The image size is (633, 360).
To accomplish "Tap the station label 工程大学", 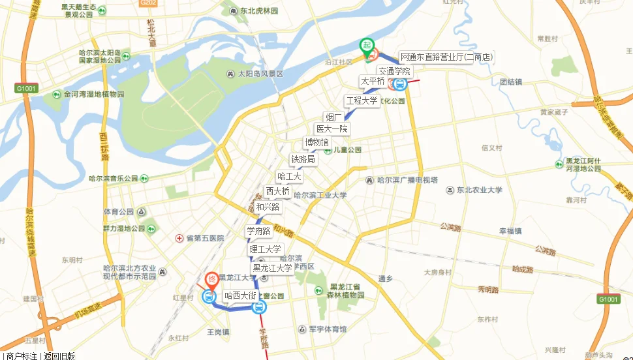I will tap(362, 101).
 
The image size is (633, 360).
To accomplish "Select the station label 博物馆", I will tap(317, 143).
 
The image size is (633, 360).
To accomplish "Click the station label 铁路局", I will tap(303, 159).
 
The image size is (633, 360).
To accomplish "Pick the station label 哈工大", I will tap(289, 176).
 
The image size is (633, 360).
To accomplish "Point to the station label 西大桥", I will tap(277, 192).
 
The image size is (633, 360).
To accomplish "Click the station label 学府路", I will tap(258, 231).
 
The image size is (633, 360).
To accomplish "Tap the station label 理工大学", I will tap(265, 249).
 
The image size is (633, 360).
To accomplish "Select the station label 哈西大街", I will tap(240, 295).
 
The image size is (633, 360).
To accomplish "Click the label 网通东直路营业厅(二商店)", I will tap(446, 57).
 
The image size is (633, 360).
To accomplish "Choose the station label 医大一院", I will tap(332, 129).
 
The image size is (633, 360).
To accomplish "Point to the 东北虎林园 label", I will tap(258, 11).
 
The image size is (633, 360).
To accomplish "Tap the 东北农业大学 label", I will tap(479, 190).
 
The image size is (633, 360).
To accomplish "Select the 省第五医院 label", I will tap(204, 239).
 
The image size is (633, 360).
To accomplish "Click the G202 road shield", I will tap(148, 3).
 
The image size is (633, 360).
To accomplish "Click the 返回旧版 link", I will tap(59, 355).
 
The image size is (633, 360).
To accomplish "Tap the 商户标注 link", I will tap(22, 355).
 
